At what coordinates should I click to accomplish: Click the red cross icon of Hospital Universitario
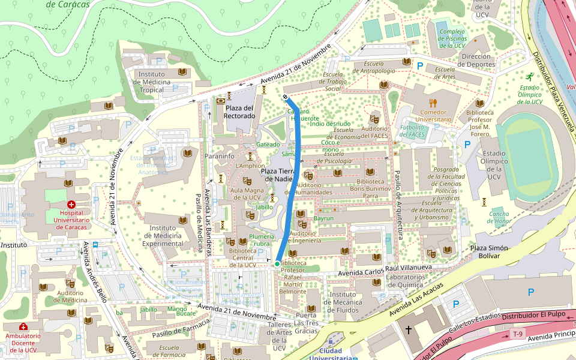[71, 204]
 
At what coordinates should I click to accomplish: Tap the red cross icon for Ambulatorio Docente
[23, 327]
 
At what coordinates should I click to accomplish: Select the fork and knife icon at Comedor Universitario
[433, 103]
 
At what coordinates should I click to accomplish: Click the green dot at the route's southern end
[277, 263]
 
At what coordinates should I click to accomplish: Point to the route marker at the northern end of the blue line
[286, 97]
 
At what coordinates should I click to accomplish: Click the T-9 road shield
[517, 334]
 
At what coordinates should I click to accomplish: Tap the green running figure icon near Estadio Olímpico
[529, 77]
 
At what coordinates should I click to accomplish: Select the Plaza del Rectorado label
[239, 112]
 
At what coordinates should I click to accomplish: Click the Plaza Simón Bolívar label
[488, 253]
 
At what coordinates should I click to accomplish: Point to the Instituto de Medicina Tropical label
[151, 82]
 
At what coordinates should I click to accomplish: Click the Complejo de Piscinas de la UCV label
[451, 38]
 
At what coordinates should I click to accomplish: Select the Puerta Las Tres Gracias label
[306, 323]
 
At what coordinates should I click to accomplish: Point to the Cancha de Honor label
[499, 218]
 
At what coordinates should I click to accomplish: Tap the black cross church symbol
[409, 329]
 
